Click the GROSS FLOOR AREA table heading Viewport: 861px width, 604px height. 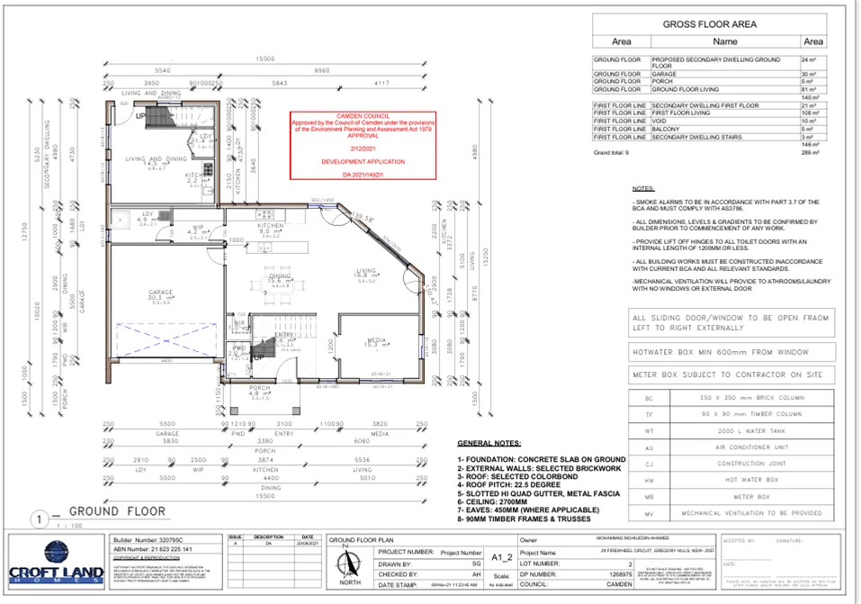pyautogui.click(x=709, y=24)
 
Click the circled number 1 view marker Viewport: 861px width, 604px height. pyautogui.click(x=40, y=518)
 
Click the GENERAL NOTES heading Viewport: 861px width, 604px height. pyautogui.click(x=491, y=444)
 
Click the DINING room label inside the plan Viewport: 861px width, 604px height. pyautogui.click(x=281, y=276)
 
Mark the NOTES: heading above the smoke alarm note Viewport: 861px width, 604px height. pyautogui.click(x=643, y=189)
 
